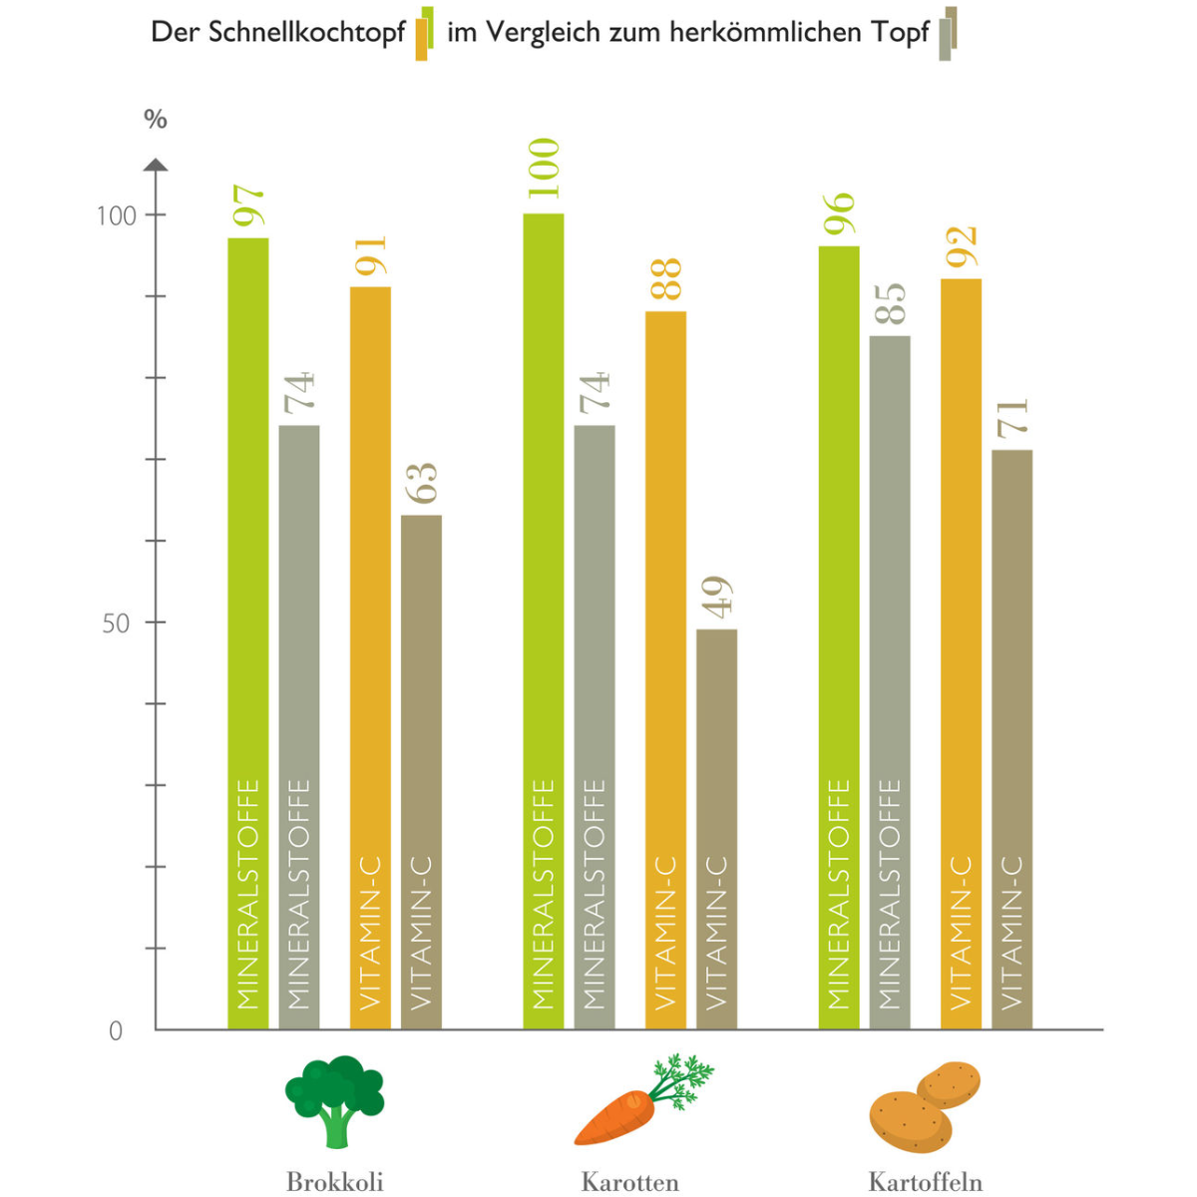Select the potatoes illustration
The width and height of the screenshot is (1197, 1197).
tap(925, 1105)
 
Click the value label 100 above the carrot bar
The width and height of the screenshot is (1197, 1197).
tap(545, 170)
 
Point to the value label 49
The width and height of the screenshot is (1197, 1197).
tap(717, 597)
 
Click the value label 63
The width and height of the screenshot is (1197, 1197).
tap(422, 483)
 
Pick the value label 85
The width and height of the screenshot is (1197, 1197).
tap(891, 303)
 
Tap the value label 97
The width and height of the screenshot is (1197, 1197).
tap(249, 205)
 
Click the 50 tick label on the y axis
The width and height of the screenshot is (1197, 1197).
tap(117, 623)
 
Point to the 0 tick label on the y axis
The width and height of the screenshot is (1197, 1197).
tap(116, 1031)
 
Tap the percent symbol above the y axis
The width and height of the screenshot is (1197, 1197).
tap(156, 120)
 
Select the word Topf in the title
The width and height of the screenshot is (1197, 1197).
tap(900, 33)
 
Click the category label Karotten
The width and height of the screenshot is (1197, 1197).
tap(629, 1182)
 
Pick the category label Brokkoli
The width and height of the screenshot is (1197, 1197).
tap(334, 1182)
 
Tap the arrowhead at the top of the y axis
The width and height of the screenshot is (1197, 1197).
tap(156, 165)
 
